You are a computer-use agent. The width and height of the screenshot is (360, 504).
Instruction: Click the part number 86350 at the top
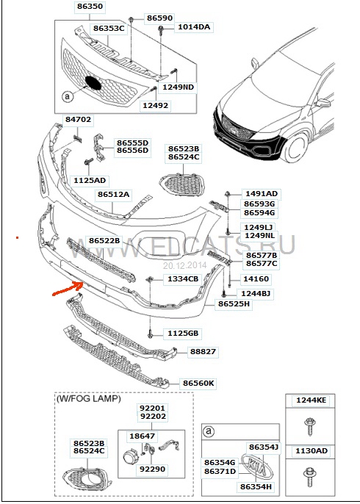click(90, 6)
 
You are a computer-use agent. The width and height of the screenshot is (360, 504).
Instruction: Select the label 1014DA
click(194, 27)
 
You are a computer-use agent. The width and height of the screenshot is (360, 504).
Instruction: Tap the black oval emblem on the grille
click(93, 83)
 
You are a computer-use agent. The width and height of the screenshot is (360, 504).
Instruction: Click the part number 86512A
click(113, 195)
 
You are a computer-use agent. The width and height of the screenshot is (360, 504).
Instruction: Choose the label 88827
click(203, 351)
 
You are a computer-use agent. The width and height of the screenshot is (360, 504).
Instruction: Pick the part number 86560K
click(198, 384)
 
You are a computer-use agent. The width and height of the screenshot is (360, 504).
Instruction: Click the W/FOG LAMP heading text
click(89, 399)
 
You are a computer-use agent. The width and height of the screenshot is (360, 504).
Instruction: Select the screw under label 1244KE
click(310, 426)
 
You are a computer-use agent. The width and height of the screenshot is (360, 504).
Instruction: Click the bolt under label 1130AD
click(310, 478)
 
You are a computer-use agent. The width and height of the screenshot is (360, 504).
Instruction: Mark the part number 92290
click(152, 469)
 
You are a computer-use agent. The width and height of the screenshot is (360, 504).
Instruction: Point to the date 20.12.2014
click(184, 265)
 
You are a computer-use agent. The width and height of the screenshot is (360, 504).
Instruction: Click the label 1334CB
click(183, 278)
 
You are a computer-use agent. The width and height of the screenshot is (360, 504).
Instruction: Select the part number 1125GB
click(183, 334)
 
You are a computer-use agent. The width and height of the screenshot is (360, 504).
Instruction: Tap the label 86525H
click(234, 303)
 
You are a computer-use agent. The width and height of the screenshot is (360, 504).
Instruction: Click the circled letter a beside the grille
click(67, 96)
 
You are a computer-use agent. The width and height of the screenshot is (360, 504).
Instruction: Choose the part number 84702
click(78, 119)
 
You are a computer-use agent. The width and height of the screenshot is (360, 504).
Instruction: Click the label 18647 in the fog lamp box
click(142, 436)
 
